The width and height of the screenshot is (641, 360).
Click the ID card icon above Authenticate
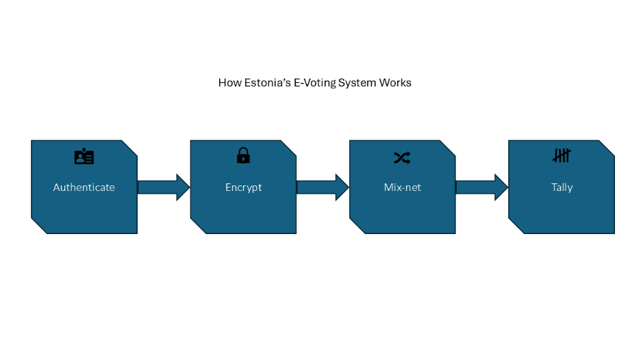[84, 157]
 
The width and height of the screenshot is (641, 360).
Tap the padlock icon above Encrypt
[243, 156]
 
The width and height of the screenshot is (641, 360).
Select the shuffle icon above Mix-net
[402, 157]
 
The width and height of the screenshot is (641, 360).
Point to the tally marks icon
[562, 156]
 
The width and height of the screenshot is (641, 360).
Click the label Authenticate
[84, 187]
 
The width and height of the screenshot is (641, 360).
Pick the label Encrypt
[243, 187]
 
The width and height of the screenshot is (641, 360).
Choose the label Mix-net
[402, 187]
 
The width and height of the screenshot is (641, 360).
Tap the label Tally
[562, 187]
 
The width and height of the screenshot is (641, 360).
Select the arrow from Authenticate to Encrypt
[164, 187]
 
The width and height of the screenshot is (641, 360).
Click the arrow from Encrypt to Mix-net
[323, 187]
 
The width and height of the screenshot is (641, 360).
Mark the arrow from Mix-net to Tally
[481, 187]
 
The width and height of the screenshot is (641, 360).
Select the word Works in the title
[396, 83]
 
